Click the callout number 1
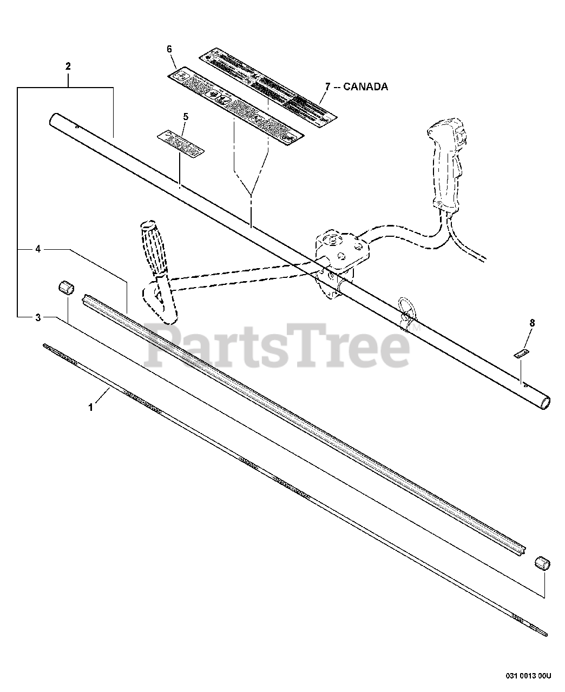click(91, 407)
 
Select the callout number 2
click(68, 66)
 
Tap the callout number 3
click(38, 317)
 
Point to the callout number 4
click(38, 249)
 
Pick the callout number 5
click(186, 116)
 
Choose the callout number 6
click(169, 49)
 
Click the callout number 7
click(327, 86)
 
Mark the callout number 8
click(532, 323)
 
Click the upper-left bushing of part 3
click(65, 287)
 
